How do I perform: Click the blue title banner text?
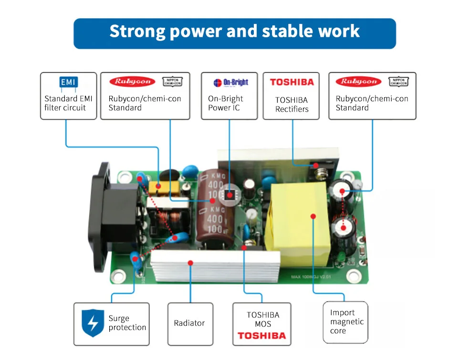point(234,32)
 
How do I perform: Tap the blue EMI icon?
point(68,82)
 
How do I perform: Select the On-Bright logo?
point(231,83)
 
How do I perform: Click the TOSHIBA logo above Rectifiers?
point(292,82)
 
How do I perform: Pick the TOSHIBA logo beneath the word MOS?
point(262,336)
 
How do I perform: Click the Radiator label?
point(189,323)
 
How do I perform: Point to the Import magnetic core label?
point(346,322)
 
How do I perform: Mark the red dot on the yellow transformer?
point(313,216)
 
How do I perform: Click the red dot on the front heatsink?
point(190,262)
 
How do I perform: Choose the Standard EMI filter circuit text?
point(68,103)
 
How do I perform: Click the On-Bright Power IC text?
point(226,103)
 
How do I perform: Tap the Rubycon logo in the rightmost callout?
point(358,82)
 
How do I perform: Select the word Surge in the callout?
point(119,318)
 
